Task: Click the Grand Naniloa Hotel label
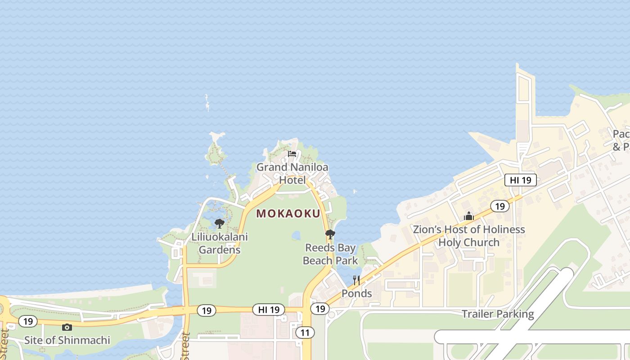[292, 174]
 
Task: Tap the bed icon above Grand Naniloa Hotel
[292, 154]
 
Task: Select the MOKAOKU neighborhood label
[288, 214]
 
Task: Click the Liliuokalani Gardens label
[220, 243]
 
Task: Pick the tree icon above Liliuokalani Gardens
[219, 224]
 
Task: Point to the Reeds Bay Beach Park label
[330, 254]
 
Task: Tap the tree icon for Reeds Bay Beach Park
[330, 234]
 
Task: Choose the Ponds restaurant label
[356, 293]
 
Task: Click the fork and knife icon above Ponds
[356, 280]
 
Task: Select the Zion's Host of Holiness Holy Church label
[469, 236]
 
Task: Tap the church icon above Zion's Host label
[469, 216]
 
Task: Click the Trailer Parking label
[498, 314]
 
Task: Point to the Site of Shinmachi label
[67, 340]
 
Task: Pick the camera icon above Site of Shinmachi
[67, 327]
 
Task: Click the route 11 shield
[305, 333]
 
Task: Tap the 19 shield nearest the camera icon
[28, 321]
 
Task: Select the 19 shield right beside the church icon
[499, 206]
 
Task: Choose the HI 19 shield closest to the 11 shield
[269, 310]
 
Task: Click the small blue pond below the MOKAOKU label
[296, 235]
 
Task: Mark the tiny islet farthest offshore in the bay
[207, 103]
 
